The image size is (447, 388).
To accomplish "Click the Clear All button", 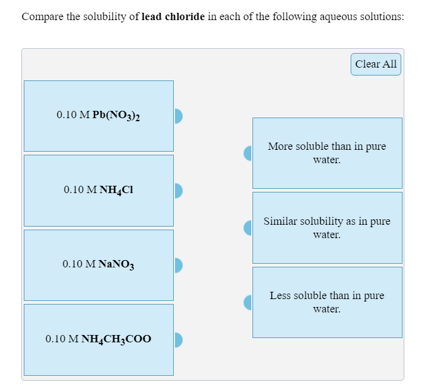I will [x=376, y=64].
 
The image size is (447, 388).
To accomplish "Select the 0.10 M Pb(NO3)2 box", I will [x=98, y=116].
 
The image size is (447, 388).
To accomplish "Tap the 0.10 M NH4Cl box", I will [x=98, y=190].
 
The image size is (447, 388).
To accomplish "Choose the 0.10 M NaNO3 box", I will [x=98, y=264].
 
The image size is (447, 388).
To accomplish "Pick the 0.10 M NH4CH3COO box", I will [x=98, y=339].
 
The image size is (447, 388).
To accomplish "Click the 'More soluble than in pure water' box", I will [x=327, y=153].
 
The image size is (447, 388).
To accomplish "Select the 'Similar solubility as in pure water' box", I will [x=327, y=227].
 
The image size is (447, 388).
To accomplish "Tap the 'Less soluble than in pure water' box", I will [x=327, y=302].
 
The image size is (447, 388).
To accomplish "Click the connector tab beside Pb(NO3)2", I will [x=178, y=116].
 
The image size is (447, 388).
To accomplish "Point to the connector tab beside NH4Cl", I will [x=178, y=190].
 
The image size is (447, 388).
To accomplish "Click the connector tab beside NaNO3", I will [x=178, y=264].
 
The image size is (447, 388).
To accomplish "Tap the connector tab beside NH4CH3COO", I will [x=178, y=339].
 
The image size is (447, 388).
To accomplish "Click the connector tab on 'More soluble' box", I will [x=248, y=153].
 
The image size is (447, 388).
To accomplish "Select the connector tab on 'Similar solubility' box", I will [x=248, y=227].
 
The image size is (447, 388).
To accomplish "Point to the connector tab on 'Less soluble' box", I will [x=248, y=302].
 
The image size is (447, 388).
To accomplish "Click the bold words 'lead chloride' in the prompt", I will [x=173, y=16].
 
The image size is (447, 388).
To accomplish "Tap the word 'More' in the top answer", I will [x=280, y=147].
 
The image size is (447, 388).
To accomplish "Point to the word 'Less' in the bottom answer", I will [x=280, y=295].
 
